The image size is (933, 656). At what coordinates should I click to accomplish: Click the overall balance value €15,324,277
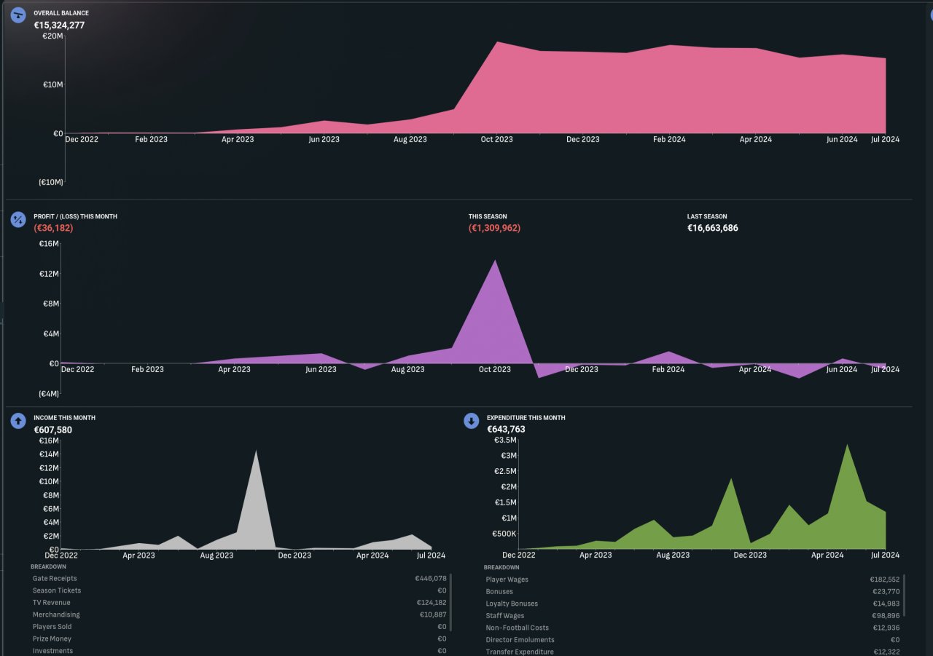point(59,25)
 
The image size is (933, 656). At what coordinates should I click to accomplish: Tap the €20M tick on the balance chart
point(52,36)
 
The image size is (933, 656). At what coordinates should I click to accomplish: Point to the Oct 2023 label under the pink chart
point(496,139)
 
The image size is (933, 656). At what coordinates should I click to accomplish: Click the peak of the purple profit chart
point(495,261)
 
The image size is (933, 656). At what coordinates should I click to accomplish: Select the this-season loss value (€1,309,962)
point(494,228)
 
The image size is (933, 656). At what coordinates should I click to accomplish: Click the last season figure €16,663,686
point(712,228)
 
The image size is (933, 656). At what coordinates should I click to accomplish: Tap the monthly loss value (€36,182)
point(53,228)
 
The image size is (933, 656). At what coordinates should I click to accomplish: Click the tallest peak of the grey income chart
point(256,451)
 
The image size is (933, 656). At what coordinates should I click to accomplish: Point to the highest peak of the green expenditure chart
point(847,445)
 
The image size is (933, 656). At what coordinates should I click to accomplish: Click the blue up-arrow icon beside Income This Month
point(18,421)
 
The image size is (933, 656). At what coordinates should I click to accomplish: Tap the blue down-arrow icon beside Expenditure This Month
point(471,421)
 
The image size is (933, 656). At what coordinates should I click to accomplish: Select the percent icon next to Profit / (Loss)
point(18,220)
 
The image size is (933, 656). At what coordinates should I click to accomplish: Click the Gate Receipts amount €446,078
point(431,579)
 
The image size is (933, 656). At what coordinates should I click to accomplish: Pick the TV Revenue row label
point(52,603)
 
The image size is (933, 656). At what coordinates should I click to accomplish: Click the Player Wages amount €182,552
point(885,580)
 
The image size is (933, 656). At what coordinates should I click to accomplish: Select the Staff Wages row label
point(505,616)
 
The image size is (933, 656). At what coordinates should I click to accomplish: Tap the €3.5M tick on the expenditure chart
point(505,440)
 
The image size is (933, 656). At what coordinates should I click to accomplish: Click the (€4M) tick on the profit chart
point(49,394)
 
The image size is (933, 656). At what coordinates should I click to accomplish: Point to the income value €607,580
point(53,430)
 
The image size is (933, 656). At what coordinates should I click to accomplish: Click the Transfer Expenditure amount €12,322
point(886,652)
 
